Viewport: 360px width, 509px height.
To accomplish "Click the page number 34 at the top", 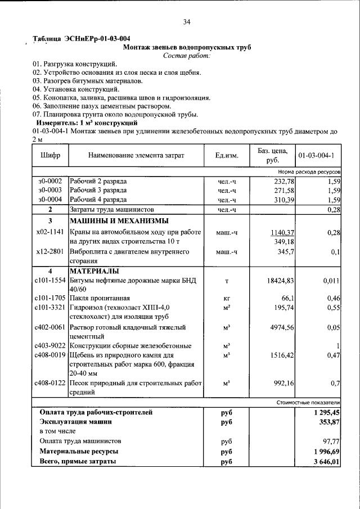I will [x=187, y=22].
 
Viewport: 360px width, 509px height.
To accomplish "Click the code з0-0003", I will [x=50, y=190].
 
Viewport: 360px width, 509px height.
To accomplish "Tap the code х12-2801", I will [x=50, y=251].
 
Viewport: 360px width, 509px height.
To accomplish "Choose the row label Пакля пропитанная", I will [x=100, y=298].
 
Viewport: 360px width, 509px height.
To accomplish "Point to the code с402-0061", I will [x=50, y=327].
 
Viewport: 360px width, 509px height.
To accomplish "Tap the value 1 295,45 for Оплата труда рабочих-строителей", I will [x=327, y=412].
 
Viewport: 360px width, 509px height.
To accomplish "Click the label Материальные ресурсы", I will [x=79, y=452].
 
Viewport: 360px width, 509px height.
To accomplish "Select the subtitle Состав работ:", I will [x=186, y=56].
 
